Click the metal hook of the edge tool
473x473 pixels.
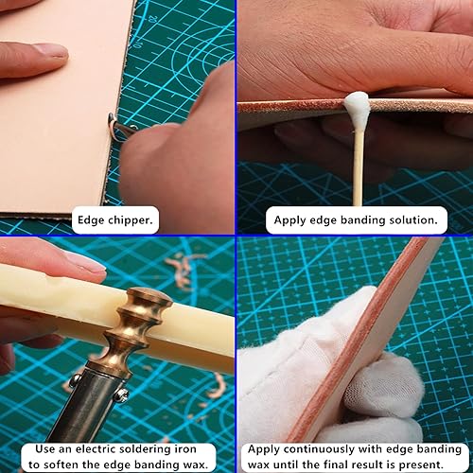116,126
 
